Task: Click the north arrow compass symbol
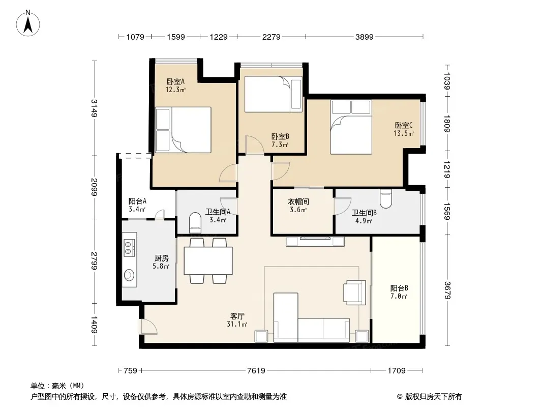pos(28,23)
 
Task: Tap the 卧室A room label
pos(175,81)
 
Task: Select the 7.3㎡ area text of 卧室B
pos(280,145)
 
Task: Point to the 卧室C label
pos(404,126)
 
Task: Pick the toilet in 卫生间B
pos(386,199)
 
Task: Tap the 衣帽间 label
pos(298,201)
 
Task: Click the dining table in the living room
pos(208,260)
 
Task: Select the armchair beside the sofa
pos(354,292)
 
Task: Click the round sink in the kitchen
pos(129,275)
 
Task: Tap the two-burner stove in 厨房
pos(129,247)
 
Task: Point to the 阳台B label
pos(399,288)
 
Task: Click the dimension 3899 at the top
pos(365,37)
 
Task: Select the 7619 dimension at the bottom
pos(256,370)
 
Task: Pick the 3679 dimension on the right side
pos(447,290)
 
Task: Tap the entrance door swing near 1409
pos(148,327)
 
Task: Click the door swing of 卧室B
pos(255,144)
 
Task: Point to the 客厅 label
pos(237,316)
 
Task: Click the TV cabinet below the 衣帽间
pos(315,241)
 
